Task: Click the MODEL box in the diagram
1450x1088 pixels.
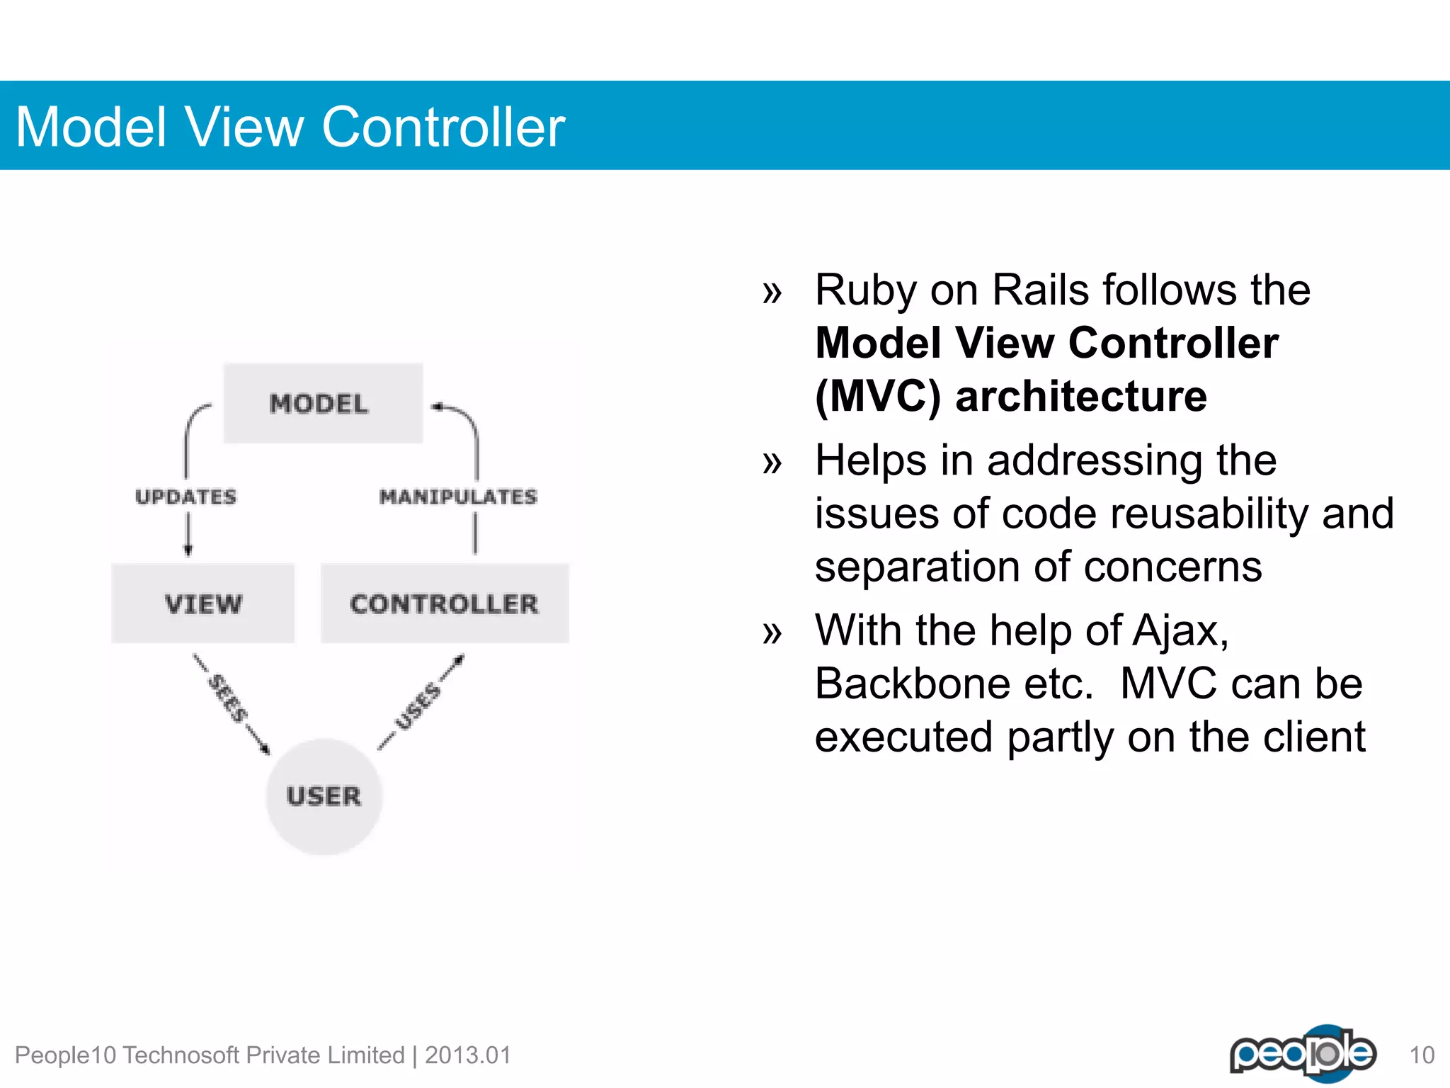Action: (x=323, y=404)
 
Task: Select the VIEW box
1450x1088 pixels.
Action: (x=203, y=604)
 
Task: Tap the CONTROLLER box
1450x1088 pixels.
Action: (x=445, y=604)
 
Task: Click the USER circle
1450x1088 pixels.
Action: (x=324, y=796)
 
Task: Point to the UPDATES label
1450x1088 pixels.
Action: (x=185, y=497)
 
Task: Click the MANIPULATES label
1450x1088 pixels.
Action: (x=458, y=497)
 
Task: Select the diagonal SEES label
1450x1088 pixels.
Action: (x=227, y=699)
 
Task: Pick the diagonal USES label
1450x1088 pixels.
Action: (x=418, y=706)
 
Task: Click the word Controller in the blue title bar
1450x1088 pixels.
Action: (x=443, y=127)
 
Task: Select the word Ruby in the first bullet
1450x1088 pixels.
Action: (x=865, y=291)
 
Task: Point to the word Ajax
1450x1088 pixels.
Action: (x=1180, y=630)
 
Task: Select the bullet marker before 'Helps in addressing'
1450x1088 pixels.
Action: (x=772, y=463)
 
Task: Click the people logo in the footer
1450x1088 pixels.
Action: (x=1303, y=1053)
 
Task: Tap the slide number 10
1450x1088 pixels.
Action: (x=1421, y=1055)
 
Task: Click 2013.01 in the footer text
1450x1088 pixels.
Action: (x=467, y=1055)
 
